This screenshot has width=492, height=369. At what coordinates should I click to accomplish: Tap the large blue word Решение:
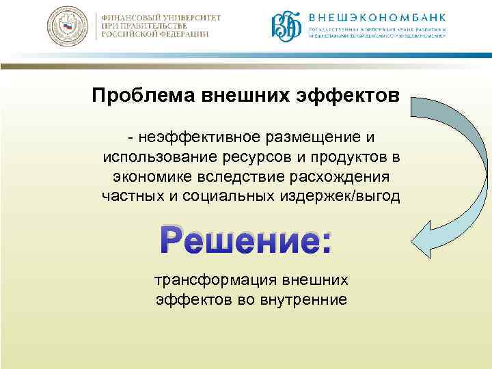pyautogui.click(x=245, y=241)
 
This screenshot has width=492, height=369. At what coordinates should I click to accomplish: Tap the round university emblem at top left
pyautogui.click(x=68, y=28)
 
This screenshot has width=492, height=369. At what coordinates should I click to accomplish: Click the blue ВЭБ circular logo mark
pyautogui.click(x=287, y=29)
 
